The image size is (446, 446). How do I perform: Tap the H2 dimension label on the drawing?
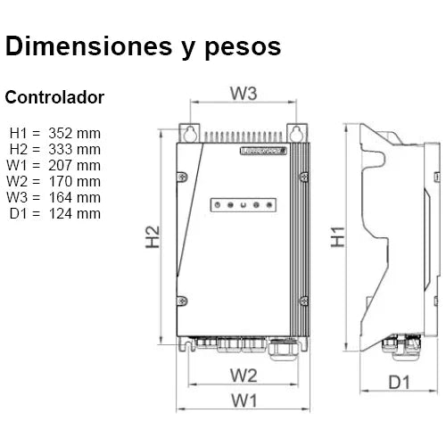tap(154, 238)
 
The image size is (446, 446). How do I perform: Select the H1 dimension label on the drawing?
tap(338, 238)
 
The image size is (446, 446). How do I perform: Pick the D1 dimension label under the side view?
tap(399, 383)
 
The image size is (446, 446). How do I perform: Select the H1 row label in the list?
tap(19, 134)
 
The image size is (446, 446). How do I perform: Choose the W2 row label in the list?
tap(19, 181)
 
